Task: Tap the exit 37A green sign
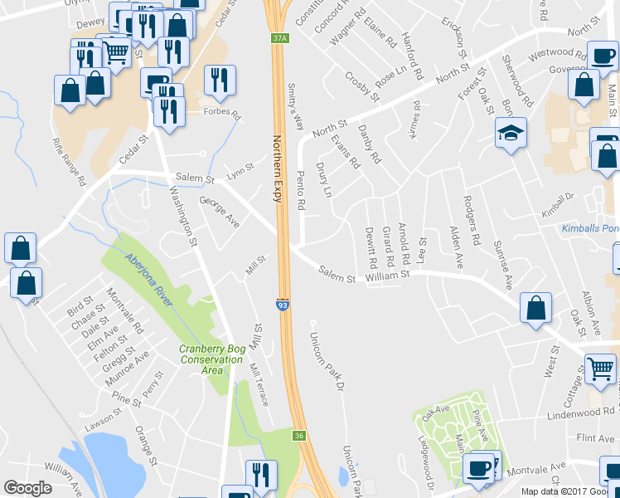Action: [279, 38]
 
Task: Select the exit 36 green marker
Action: [298, 435]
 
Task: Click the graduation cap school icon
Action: [511, 132]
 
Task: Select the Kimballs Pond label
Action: [590, 227]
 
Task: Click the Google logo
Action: [27, 487]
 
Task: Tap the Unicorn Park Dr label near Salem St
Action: [327, 362]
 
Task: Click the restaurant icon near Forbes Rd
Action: [220, 81]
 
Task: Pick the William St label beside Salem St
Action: [387, 273]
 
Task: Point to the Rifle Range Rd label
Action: [69, 161]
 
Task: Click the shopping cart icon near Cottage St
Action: [600, 368]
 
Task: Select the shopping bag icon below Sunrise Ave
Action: [535, 307]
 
